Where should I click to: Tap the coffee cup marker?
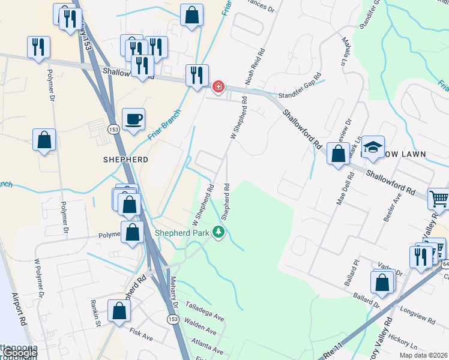(x=133, y=118)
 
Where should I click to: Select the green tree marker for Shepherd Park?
(x=219, y=232)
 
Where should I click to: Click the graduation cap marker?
(x=373, y=148)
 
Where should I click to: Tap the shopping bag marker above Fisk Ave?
(x=119, y=310)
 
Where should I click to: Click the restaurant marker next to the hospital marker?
(x=197, y=76)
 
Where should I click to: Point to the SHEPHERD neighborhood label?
(x=125, y=160)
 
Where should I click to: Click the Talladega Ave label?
(x=203, y=309)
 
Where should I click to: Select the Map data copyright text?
(x=423, y=355)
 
